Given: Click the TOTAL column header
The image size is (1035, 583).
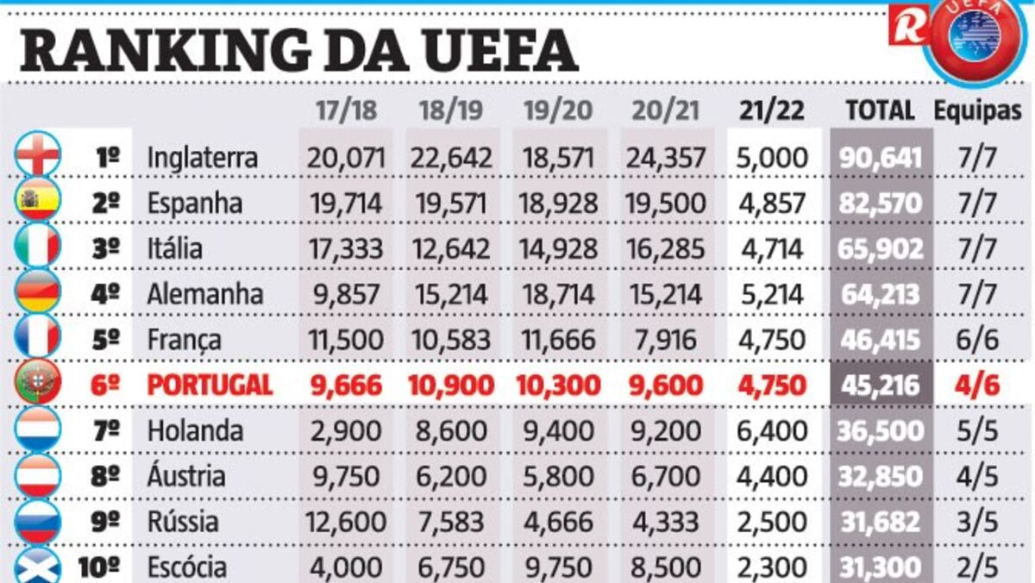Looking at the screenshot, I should pos(880,110).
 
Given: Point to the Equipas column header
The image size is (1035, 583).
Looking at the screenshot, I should pos(977,110).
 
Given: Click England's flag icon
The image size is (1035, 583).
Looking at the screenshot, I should pos(38,155).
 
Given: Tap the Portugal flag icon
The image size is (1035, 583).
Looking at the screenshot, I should pos(38,383).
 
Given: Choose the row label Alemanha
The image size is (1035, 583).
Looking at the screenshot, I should pos(205,293).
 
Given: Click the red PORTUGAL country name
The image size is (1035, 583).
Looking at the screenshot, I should pos(210,385).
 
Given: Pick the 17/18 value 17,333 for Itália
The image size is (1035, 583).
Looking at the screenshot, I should pos(345,248).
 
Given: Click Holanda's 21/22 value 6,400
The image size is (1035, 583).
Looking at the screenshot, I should pos(772,430).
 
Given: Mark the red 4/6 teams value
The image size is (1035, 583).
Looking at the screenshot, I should pos(977,385).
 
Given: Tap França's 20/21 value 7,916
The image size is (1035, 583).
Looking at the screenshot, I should pos(664,339).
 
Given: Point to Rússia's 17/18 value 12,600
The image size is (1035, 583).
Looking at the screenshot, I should pos(345,522).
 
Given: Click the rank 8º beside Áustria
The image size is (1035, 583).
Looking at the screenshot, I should pos(105,476).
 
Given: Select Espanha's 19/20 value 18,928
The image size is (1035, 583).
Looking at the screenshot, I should pos(558,204).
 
